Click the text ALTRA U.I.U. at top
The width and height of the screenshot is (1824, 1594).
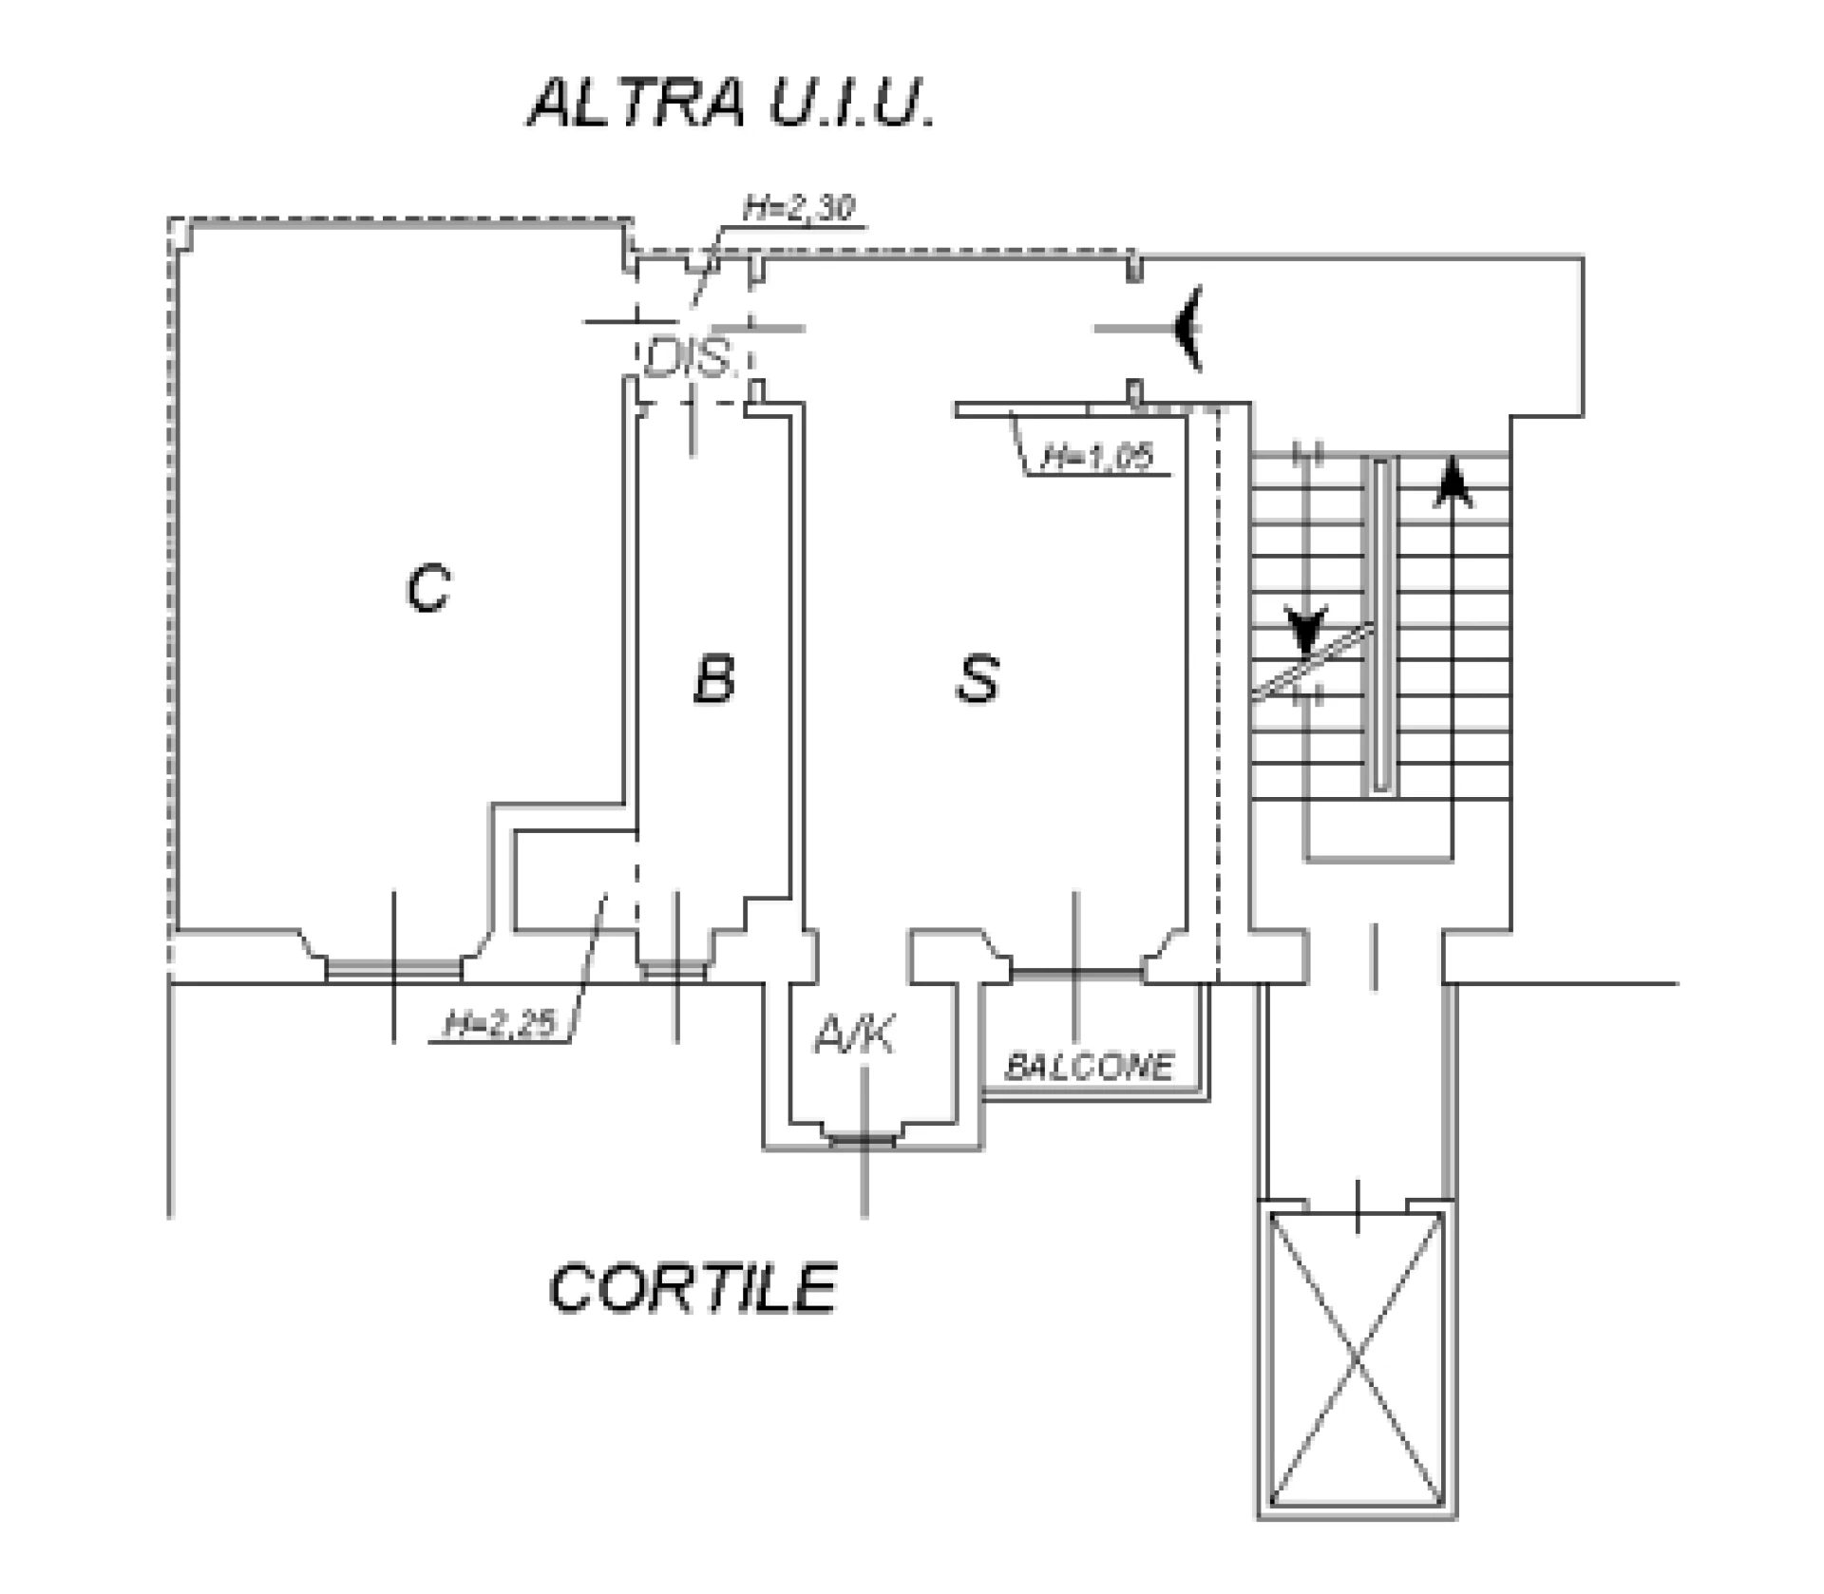(731, 104)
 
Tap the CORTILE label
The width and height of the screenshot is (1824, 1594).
(693, 1289)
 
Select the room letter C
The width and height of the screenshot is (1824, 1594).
(427, 588)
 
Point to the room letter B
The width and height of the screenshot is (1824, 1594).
(713, 679)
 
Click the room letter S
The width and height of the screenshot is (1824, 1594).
(978, 679)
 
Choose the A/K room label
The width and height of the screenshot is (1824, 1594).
(854, 1034)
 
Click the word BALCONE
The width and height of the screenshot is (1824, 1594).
(1090, 1067)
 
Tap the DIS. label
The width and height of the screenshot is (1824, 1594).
(691, 359)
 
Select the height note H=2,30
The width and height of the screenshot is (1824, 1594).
(798, 208)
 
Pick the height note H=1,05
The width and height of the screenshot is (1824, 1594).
(1097, 458)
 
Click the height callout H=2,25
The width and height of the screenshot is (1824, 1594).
(500, 1025)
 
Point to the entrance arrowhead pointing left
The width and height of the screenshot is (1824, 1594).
(1188, 328)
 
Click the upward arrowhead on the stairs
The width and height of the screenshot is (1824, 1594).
(1451, 481)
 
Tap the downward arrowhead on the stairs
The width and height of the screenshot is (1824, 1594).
(1307, 629)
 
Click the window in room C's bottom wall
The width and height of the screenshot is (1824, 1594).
(393, 968)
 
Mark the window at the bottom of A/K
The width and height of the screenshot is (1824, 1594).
(863, 1139)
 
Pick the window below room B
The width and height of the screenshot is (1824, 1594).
(673, 970)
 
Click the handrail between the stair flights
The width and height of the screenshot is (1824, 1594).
(1380, 624)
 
